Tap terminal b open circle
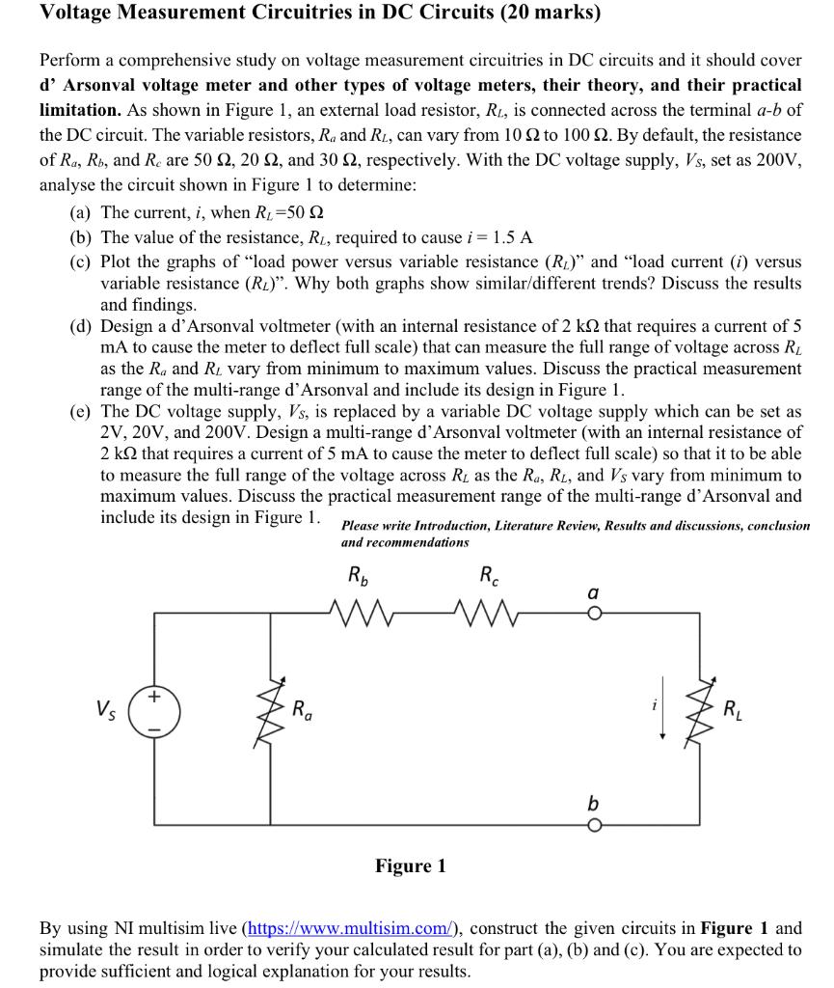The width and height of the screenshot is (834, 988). tap(595, 824)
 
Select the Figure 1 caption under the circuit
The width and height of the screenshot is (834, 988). tap(411, 866)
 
